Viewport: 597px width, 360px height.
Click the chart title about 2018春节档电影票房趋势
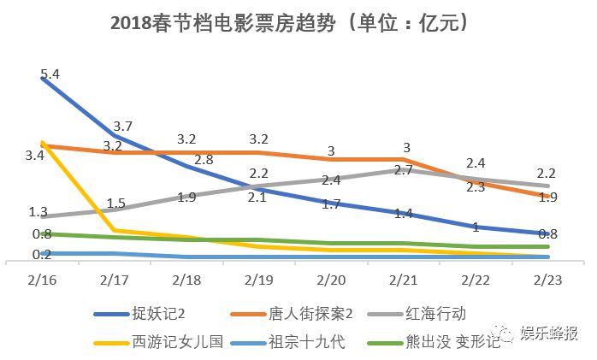coord(290,22)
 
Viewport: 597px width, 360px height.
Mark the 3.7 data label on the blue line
coord(122,126)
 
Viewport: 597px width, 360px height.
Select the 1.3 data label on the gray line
coord(38,212)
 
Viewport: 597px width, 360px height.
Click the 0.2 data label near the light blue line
coord(41,254)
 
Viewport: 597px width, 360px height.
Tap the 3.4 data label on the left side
coord(35,156)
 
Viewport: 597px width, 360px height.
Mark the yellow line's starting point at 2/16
coord(42,142)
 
